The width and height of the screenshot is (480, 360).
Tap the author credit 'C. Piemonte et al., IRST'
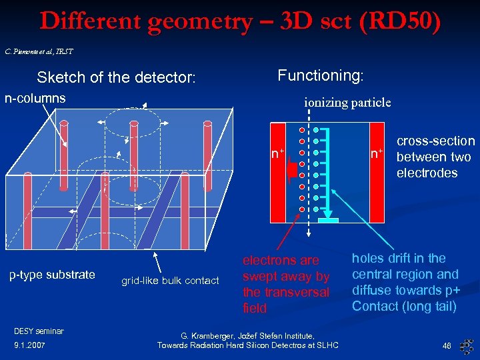(39, 51)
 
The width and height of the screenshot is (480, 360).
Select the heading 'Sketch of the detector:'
(116, 77)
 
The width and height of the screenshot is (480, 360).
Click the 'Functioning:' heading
(320, 75)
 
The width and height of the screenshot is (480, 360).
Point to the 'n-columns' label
(35, 98)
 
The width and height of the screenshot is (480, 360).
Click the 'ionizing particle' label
(347, 102)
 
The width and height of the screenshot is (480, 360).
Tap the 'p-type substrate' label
(51, 275)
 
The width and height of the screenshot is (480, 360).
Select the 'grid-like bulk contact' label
(169, 281)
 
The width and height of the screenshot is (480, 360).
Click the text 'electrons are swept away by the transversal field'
(285, 284)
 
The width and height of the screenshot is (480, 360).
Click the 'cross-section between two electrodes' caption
(435, 157)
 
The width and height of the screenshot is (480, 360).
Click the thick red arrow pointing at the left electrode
(291, 170)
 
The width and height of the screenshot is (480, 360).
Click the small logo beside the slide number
(467, 345)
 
